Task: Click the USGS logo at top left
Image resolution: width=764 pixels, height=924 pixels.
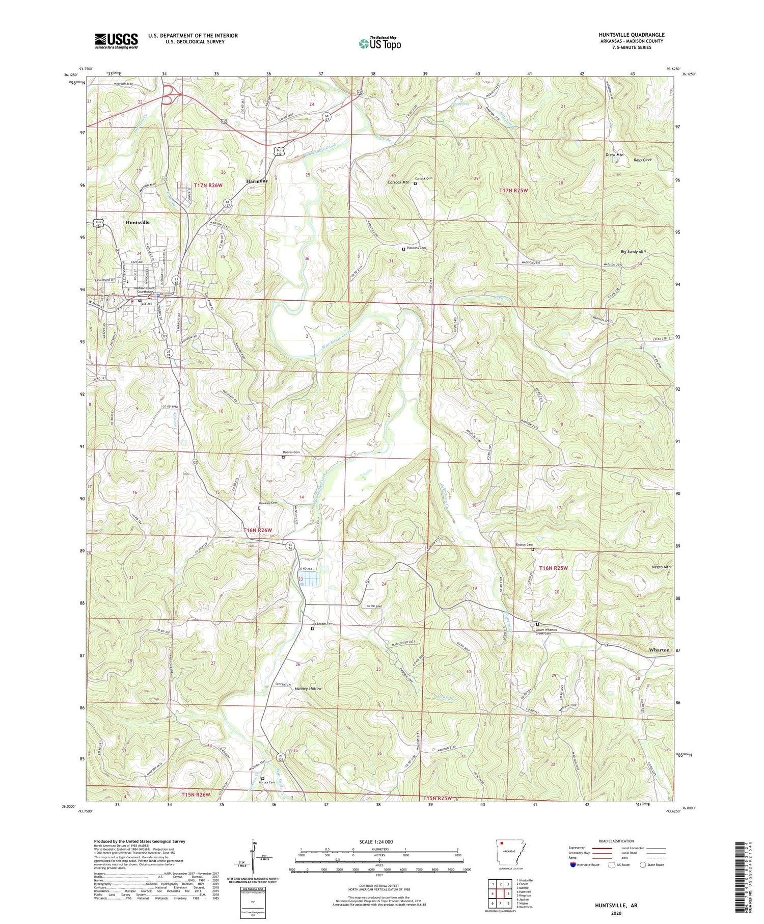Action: click(116, 41)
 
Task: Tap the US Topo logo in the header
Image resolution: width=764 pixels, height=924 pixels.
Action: click(379, 44)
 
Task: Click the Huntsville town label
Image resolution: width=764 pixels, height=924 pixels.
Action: click(138, 223)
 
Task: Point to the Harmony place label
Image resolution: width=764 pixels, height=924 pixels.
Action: click(257, 181)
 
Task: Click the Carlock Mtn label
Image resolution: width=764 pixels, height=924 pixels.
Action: click(399, 182)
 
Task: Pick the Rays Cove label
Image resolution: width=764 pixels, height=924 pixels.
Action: click(642, 160)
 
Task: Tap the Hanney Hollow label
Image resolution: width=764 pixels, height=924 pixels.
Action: click(308, 688)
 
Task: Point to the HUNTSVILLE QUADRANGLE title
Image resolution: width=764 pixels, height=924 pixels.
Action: click(632, 35)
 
